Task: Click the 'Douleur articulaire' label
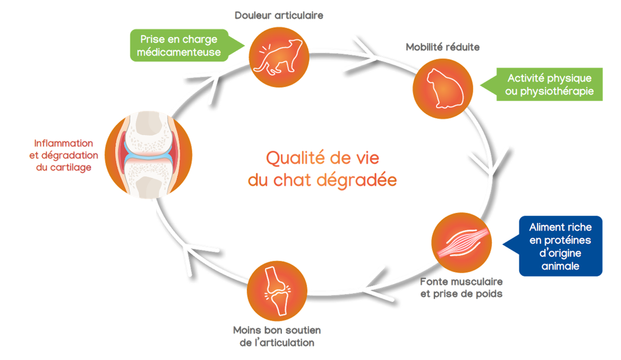pos(279,16)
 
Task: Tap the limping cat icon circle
pos(279,57)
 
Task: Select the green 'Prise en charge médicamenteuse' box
pos(179,45)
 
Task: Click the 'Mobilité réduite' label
pos(443,47)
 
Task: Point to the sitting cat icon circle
pos(443,88)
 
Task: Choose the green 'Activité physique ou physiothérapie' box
pos(549,85)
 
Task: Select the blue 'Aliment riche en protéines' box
pos(560,246)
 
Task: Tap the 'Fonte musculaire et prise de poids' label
pos(461,288)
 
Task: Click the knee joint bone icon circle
pos(277,291)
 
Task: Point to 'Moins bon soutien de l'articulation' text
pos(277,336)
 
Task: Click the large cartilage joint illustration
pos(148,155)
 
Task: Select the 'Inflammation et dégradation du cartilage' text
pos(64,155)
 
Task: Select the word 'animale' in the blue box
pos(560,266)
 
